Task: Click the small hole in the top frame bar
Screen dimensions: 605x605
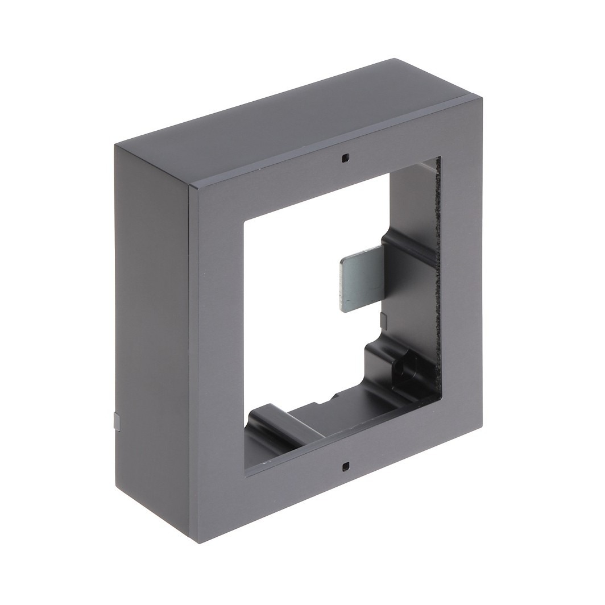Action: [345, 158]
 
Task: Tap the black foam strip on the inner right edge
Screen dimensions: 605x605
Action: [437, 273]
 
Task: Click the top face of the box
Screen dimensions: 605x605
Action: [296, 114]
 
